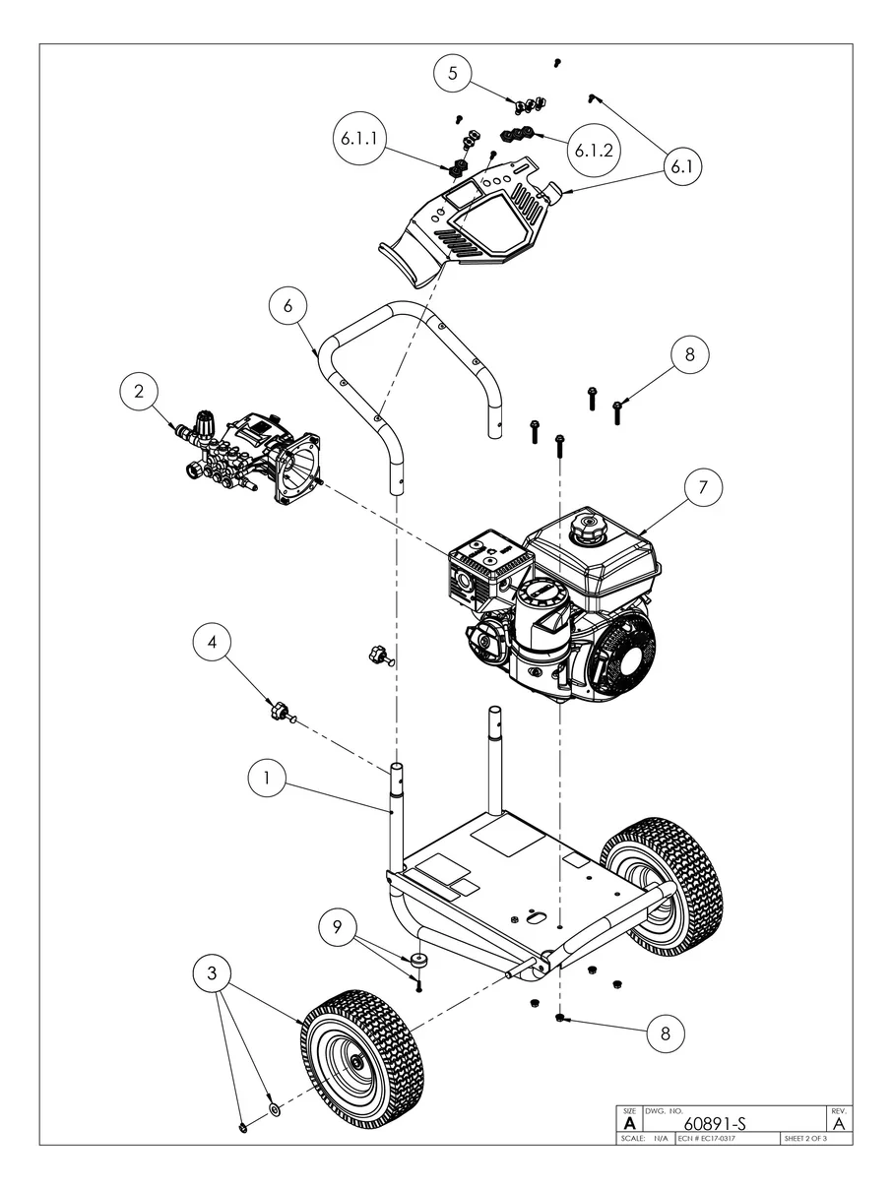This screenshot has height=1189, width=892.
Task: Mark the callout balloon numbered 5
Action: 453,73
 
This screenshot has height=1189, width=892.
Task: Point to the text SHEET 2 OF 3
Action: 804,1139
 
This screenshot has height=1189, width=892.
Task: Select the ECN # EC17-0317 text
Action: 707,1139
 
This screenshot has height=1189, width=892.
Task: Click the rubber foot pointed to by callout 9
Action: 422,960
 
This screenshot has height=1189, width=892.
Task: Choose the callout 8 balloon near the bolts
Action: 689,355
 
